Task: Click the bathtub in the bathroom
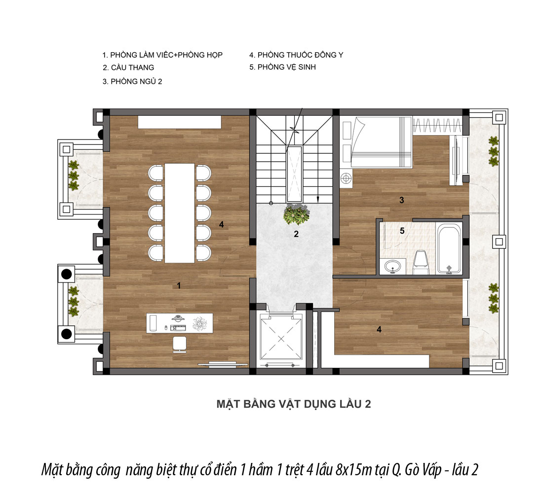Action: [449, 249]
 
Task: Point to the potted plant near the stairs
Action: [296, 214]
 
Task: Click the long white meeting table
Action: [180, 213]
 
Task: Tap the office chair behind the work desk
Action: [179, 344]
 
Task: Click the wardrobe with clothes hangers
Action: [437, 125]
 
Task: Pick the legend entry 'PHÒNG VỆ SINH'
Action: [286, 67]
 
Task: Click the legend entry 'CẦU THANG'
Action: [132, 68]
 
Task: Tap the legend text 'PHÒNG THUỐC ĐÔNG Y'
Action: [300, 55]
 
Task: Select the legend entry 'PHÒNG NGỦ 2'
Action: [136, 82]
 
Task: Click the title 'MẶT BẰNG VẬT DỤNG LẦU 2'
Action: [294, 404]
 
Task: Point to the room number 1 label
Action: [179, 285]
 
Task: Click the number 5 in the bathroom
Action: [402, 230]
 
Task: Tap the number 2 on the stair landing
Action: [296, 234]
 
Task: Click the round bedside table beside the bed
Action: [345, 178]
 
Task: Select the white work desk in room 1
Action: [179, 323]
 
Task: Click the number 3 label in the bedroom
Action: [402, 200]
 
